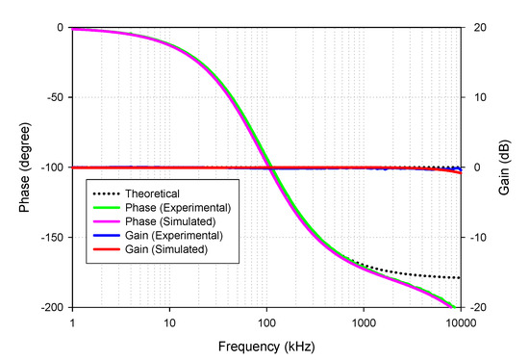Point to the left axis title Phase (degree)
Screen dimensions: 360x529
click(19, 167)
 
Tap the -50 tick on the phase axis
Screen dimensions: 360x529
click(52, 97)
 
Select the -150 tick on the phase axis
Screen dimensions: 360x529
click(49, 238)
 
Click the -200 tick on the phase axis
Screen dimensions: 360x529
click(49, 308)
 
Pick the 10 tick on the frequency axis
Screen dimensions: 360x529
click(169, 321)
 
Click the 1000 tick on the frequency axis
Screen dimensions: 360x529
click(363, 321)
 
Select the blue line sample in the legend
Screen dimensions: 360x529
click(110, 235)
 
